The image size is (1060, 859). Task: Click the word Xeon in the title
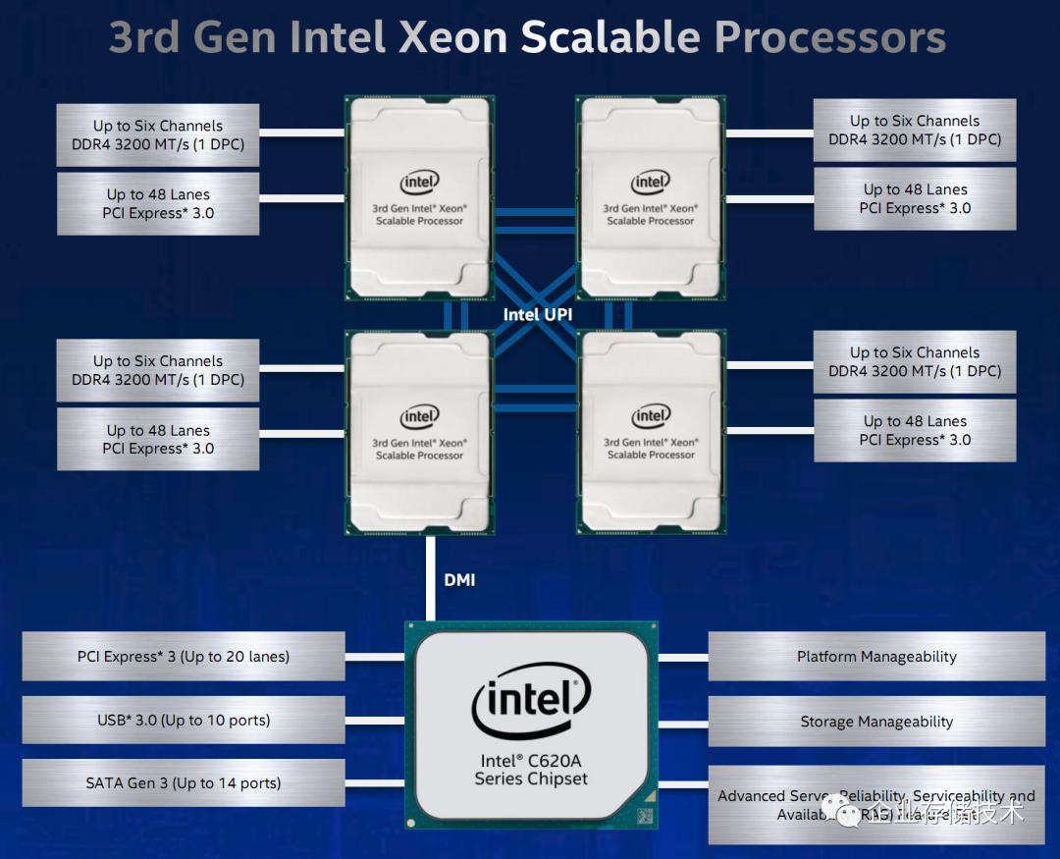point(452,37)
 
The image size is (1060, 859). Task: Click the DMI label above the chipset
point(459,580)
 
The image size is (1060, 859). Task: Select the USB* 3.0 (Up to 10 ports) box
point(184,721)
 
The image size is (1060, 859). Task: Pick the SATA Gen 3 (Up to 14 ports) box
point(184,783)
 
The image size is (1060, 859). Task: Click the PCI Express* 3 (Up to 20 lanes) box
point(184,657)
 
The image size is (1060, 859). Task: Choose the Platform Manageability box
point(876,657)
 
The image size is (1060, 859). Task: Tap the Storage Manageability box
point(876,722)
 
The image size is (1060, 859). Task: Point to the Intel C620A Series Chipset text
point(531,770)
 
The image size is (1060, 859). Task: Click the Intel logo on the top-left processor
point(419,182)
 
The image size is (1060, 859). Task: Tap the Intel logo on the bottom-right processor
point(651,416)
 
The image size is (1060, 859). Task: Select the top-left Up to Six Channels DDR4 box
point(158,135)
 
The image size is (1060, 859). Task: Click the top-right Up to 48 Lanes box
point(915,198)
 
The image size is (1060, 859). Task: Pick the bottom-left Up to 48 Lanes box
point(158,439)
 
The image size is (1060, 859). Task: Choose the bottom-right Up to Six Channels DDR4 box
point(915,361)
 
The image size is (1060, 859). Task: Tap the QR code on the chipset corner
point(645,815)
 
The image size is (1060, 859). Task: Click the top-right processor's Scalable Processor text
point(651,221)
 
